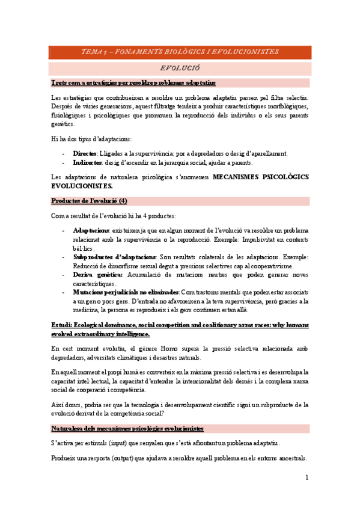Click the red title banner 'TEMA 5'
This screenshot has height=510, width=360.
(x=180, y=52)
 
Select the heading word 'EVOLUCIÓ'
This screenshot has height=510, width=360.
(x=180, y=69)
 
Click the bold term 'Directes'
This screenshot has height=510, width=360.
(x=85, y=153)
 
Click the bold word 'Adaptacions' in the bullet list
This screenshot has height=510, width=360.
(x=91, y=230)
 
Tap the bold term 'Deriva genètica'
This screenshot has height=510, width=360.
(x=97, y=274)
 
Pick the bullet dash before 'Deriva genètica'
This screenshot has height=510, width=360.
(x=64, y=274)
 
